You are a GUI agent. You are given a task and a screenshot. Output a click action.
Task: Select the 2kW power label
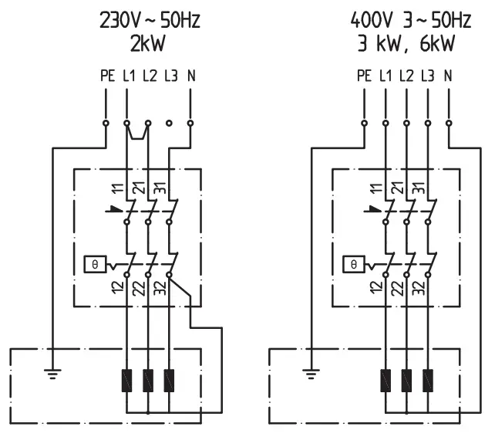point(148,42)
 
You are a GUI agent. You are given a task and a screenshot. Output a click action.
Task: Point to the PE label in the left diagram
point(107,77)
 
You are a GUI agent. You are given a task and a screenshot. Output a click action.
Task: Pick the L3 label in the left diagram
point(170,77)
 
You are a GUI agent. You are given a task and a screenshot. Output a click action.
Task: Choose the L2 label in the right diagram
point(406,77)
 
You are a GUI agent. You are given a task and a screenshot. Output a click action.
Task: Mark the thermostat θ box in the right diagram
point(354,263)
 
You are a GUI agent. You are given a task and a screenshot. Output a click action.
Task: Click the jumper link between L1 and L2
point(137,131)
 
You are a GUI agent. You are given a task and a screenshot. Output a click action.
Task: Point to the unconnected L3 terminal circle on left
point(169,122)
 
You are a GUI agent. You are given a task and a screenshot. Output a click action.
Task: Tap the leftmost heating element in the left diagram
point(126,380)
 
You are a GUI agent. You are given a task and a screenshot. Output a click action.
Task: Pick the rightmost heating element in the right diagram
point(428,380)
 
